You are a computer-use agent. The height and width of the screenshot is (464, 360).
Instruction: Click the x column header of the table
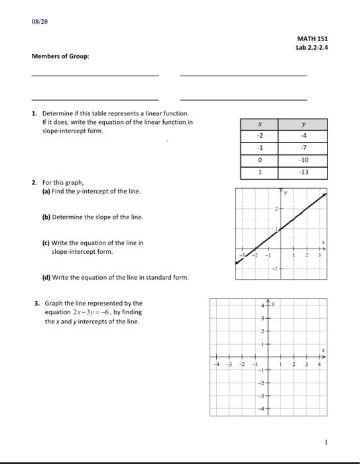261,125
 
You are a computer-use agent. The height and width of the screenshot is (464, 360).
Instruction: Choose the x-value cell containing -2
261,137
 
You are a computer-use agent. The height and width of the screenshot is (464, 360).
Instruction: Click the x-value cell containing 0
261,160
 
